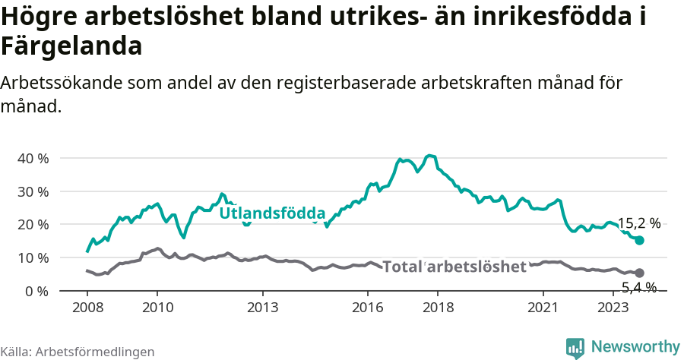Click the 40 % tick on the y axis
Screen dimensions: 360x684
pos(33,158)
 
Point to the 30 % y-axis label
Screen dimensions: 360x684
pos(33,191)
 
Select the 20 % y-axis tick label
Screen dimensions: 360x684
pos(33,225)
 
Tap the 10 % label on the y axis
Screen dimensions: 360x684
pos(33,258)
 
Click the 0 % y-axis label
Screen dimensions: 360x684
pos(36,291)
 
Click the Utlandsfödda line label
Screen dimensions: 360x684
pos(272,213)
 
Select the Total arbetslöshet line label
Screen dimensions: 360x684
pos(454,267)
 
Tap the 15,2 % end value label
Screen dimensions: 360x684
pos(638,223)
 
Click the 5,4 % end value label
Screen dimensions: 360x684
pos(639,287)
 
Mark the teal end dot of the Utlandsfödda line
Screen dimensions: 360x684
pos(639,240)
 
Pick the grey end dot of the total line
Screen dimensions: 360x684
pos(639,273)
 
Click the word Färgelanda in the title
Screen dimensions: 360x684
pos(71,46)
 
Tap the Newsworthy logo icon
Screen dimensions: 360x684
pos(575,347)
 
